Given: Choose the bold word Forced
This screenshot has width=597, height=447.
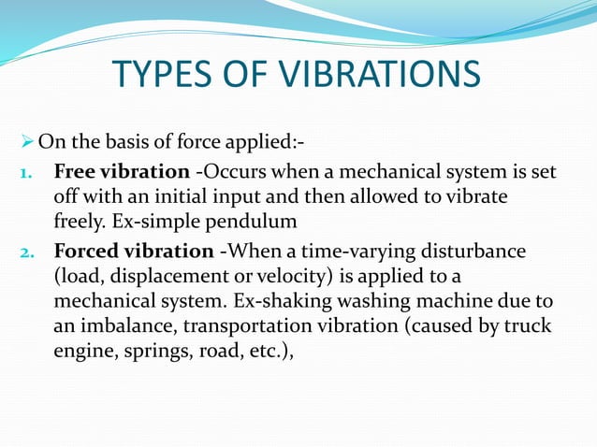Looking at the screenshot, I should click(87, 252).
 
